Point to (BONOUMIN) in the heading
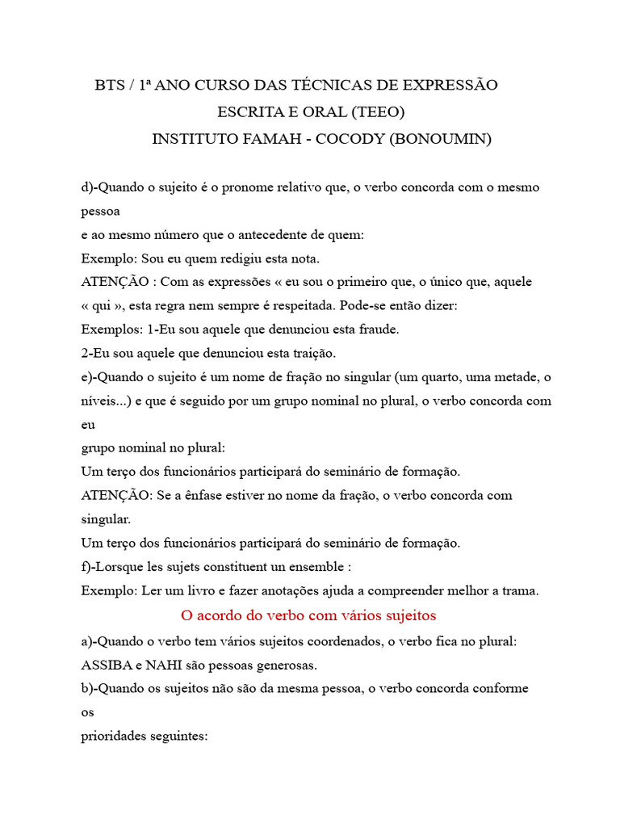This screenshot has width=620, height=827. pos(441,138)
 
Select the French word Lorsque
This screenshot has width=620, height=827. pos(117,566)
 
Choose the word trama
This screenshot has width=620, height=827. pos(519,590)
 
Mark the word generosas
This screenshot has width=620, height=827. pos(285,666)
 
